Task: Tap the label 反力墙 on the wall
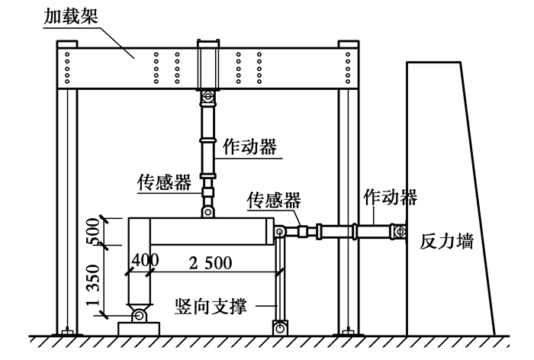(446, 243)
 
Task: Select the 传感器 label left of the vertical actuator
(162, 182)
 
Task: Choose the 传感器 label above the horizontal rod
(273, 200)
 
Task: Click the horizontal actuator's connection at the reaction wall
(397, 229)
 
